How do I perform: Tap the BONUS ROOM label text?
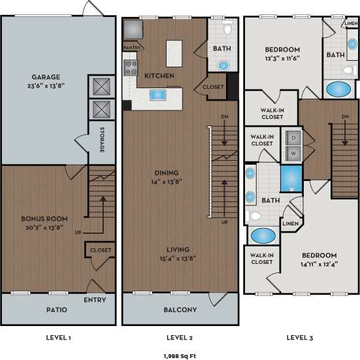(44, 218)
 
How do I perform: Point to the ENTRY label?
(95, 300)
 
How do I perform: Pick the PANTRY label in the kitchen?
(133, 47)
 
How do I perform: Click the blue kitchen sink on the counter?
(157, 95)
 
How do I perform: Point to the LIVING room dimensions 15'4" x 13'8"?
(178, 258)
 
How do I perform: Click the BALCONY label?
(180, 310)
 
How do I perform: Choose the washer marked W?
(293, 154)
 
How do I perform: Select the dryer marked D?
(293, 139)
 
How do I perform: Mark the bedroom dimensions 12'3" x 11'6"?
(282, 59)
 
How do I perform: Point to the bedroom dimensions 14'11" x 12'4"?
(319, 263)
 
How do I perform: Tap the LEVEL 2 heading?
(180, 337)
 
